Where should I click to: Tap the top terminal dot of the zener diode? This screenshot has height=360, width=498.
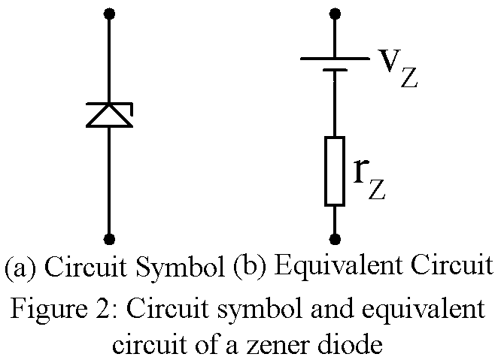pos(110,14)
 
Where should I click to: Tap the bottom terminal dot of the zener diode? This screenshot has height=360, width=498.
pos(110,239)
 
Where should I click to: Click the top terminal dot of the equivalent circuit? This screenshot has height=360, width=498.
pos(335,14)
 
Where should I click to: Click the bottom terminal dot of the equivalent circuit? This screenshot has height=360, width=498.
pos(335,239)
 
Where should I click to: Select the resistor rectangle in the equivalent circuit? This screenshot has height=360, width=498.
pos(335,171)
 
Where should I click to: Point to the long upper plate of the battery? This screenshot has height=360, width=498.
pos(335,58)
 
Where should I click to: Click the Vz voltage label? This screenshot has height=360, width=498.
pos(396,68)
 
